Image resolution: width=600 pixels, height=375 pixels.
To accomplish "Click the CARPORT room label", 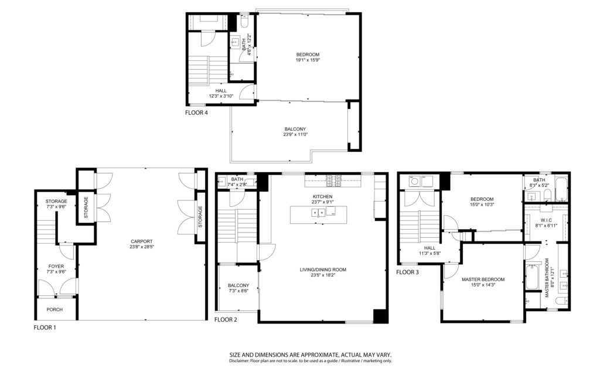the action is (x=142, y=241).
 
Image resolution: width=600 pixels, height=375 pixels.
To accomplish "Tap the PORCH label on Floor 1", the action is (x=54, y=309).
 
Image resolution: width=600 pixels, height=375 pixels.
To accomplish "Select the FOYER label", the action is (x=56, y=267).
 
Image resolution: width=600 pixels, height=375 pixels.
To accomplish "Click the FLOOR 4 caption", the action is (x=196, y=113).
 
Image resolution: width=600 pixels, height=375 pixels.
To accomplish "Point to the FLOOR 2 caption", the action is (x=226, y=319).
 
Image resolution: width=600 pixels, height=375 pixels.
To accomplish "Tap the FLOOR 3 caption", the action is (x=407, y=272).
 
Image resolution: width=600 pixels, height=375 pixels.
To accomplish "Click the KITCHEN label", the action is (x=322, y=197).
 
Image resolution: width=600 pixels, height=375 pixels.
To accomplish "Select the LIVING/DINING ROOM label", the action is (x=323, y=270).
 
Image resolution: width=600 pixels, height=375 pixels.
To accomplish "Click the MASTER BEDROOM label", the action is (x=483, y=279).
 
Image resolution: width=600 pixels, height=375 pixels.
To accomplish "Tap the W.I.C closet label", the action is (x=546, y=220).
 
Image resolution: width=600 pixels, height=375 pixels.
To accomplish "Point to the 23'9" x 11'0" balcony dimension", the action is (x=295, y=135).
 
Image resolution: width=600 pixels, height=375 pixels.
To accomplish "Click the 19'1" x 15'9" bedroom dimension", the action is (x=308, y=60).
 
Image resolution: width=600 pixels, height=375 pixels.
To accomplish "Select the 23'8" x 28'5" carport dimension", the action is (x=142, y=247).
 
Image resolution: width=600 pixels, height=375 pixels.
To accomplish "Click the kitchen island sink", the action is (x=318, y=212).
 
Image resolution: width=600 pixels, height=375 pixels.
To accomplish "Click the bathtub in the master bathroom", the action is (x=532, y=277).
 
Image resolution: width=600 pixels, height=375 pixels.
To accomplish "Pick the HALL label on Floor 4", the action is (x=221, y=91).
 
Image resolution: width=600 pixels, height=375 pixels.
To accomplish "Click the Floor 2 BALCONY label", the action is (x=238, y=285).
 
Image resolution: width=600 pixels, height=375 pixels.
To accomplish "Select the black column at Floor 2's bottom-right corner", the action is (x=380, y=316).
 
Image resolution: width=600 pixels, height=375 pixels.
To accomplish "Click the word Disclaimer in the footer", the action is (x=239, y=361).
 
